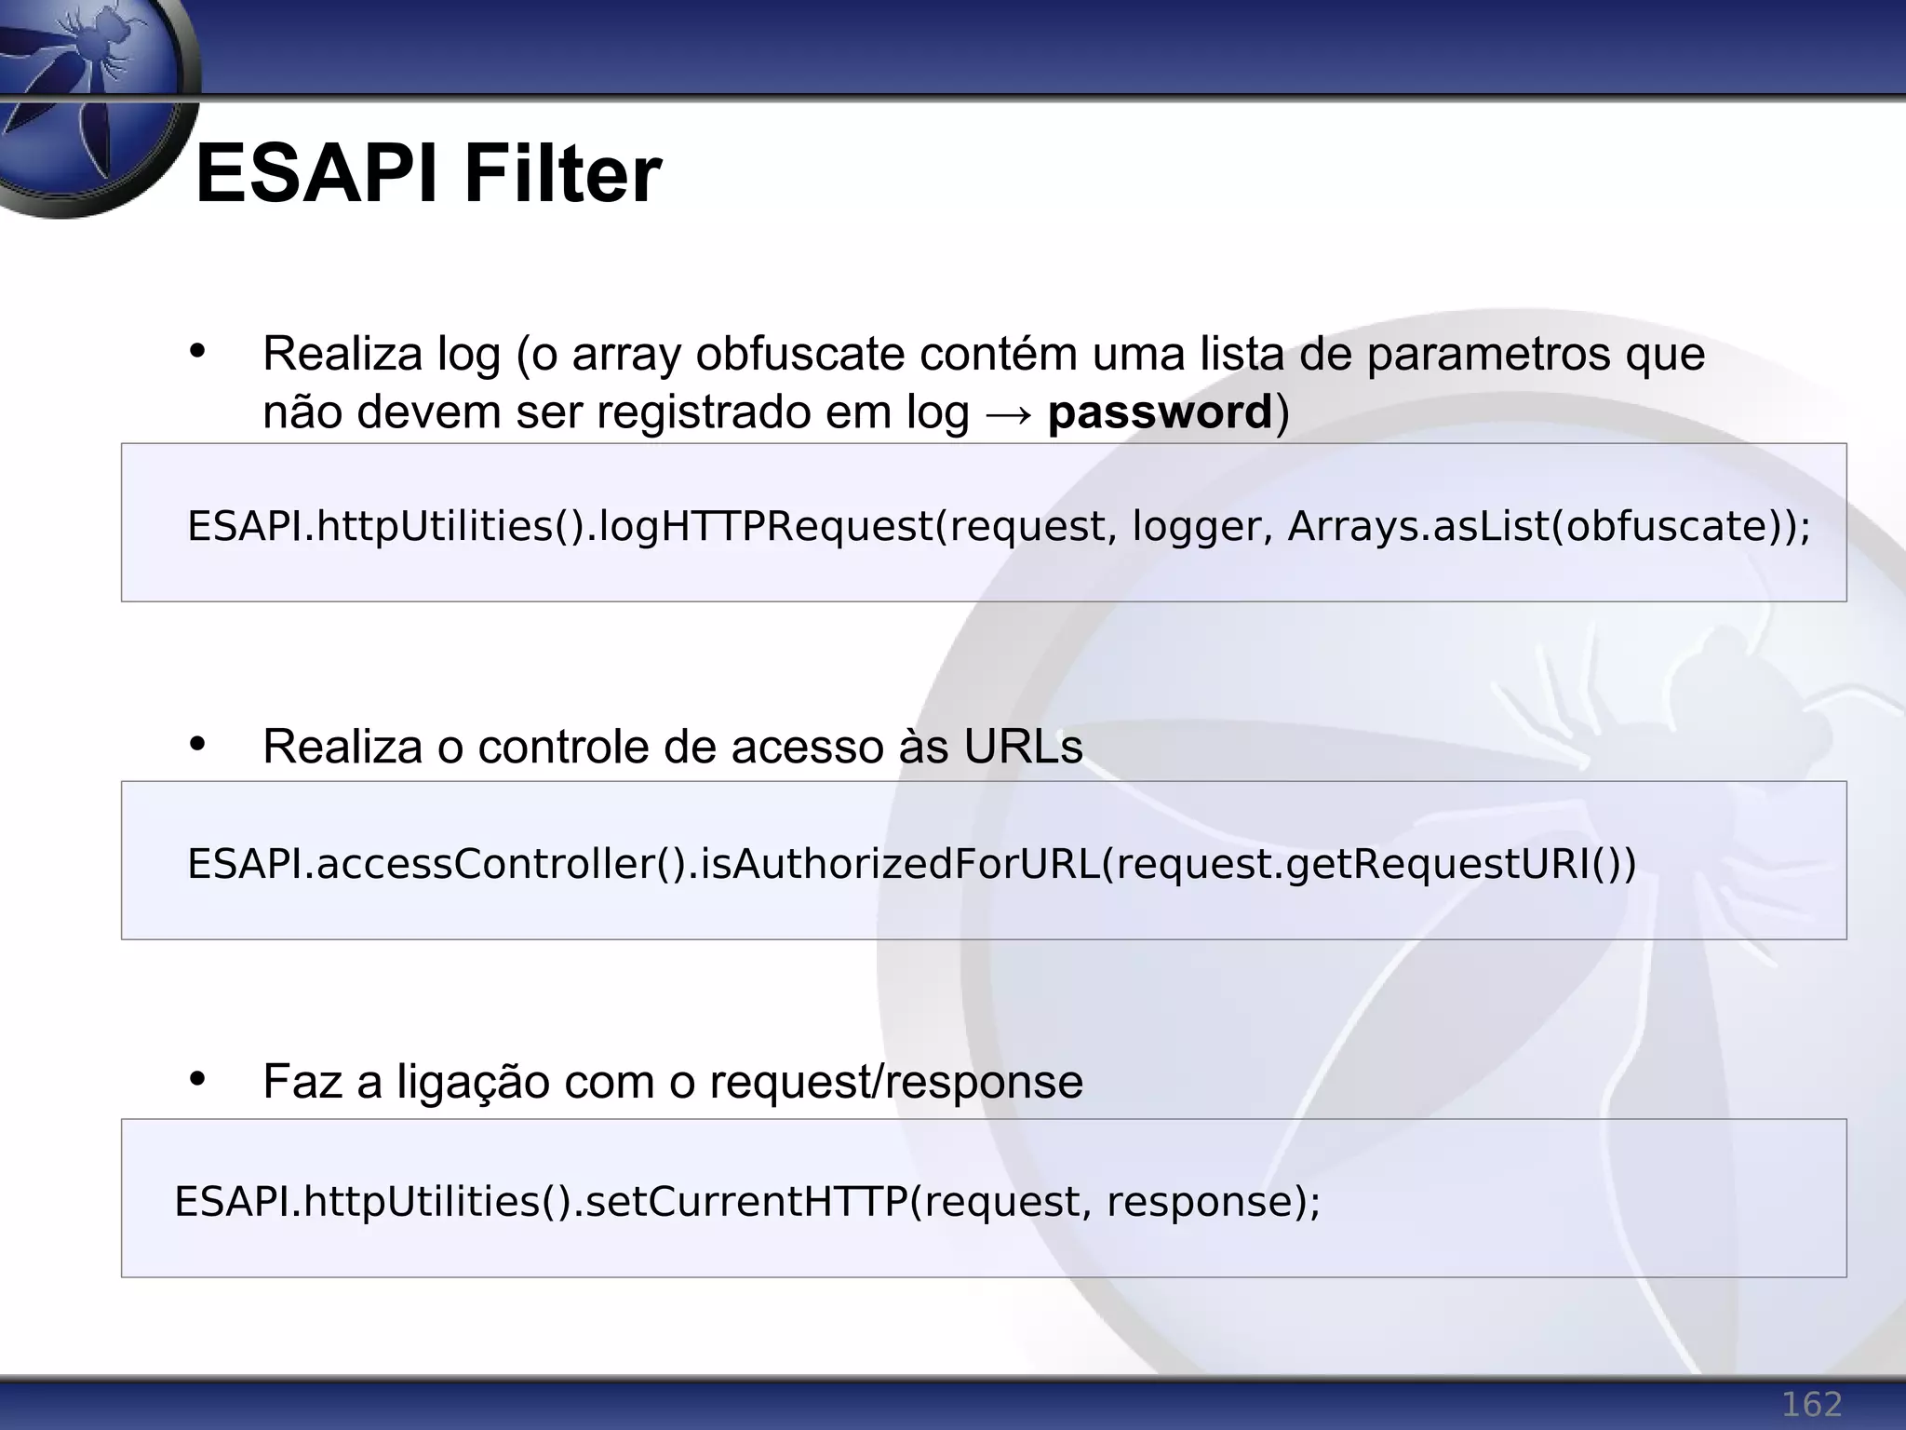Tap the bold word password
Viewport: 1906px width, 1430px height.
(1160, 412)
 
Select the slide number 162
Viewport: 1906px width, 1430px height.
(1811, 1403)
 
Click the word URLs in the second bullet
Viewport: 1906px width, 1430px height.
(1023, 747)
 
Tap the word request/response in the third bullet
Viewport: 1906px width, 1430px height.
(895, 1083)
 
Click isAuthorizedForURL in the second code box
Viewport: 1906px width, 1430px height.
(900, 865)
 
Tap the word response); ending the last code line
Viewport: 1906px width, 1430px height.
(1213, 1203)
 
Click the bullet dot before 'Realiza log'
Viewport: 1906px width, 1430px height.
(196, 352)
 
